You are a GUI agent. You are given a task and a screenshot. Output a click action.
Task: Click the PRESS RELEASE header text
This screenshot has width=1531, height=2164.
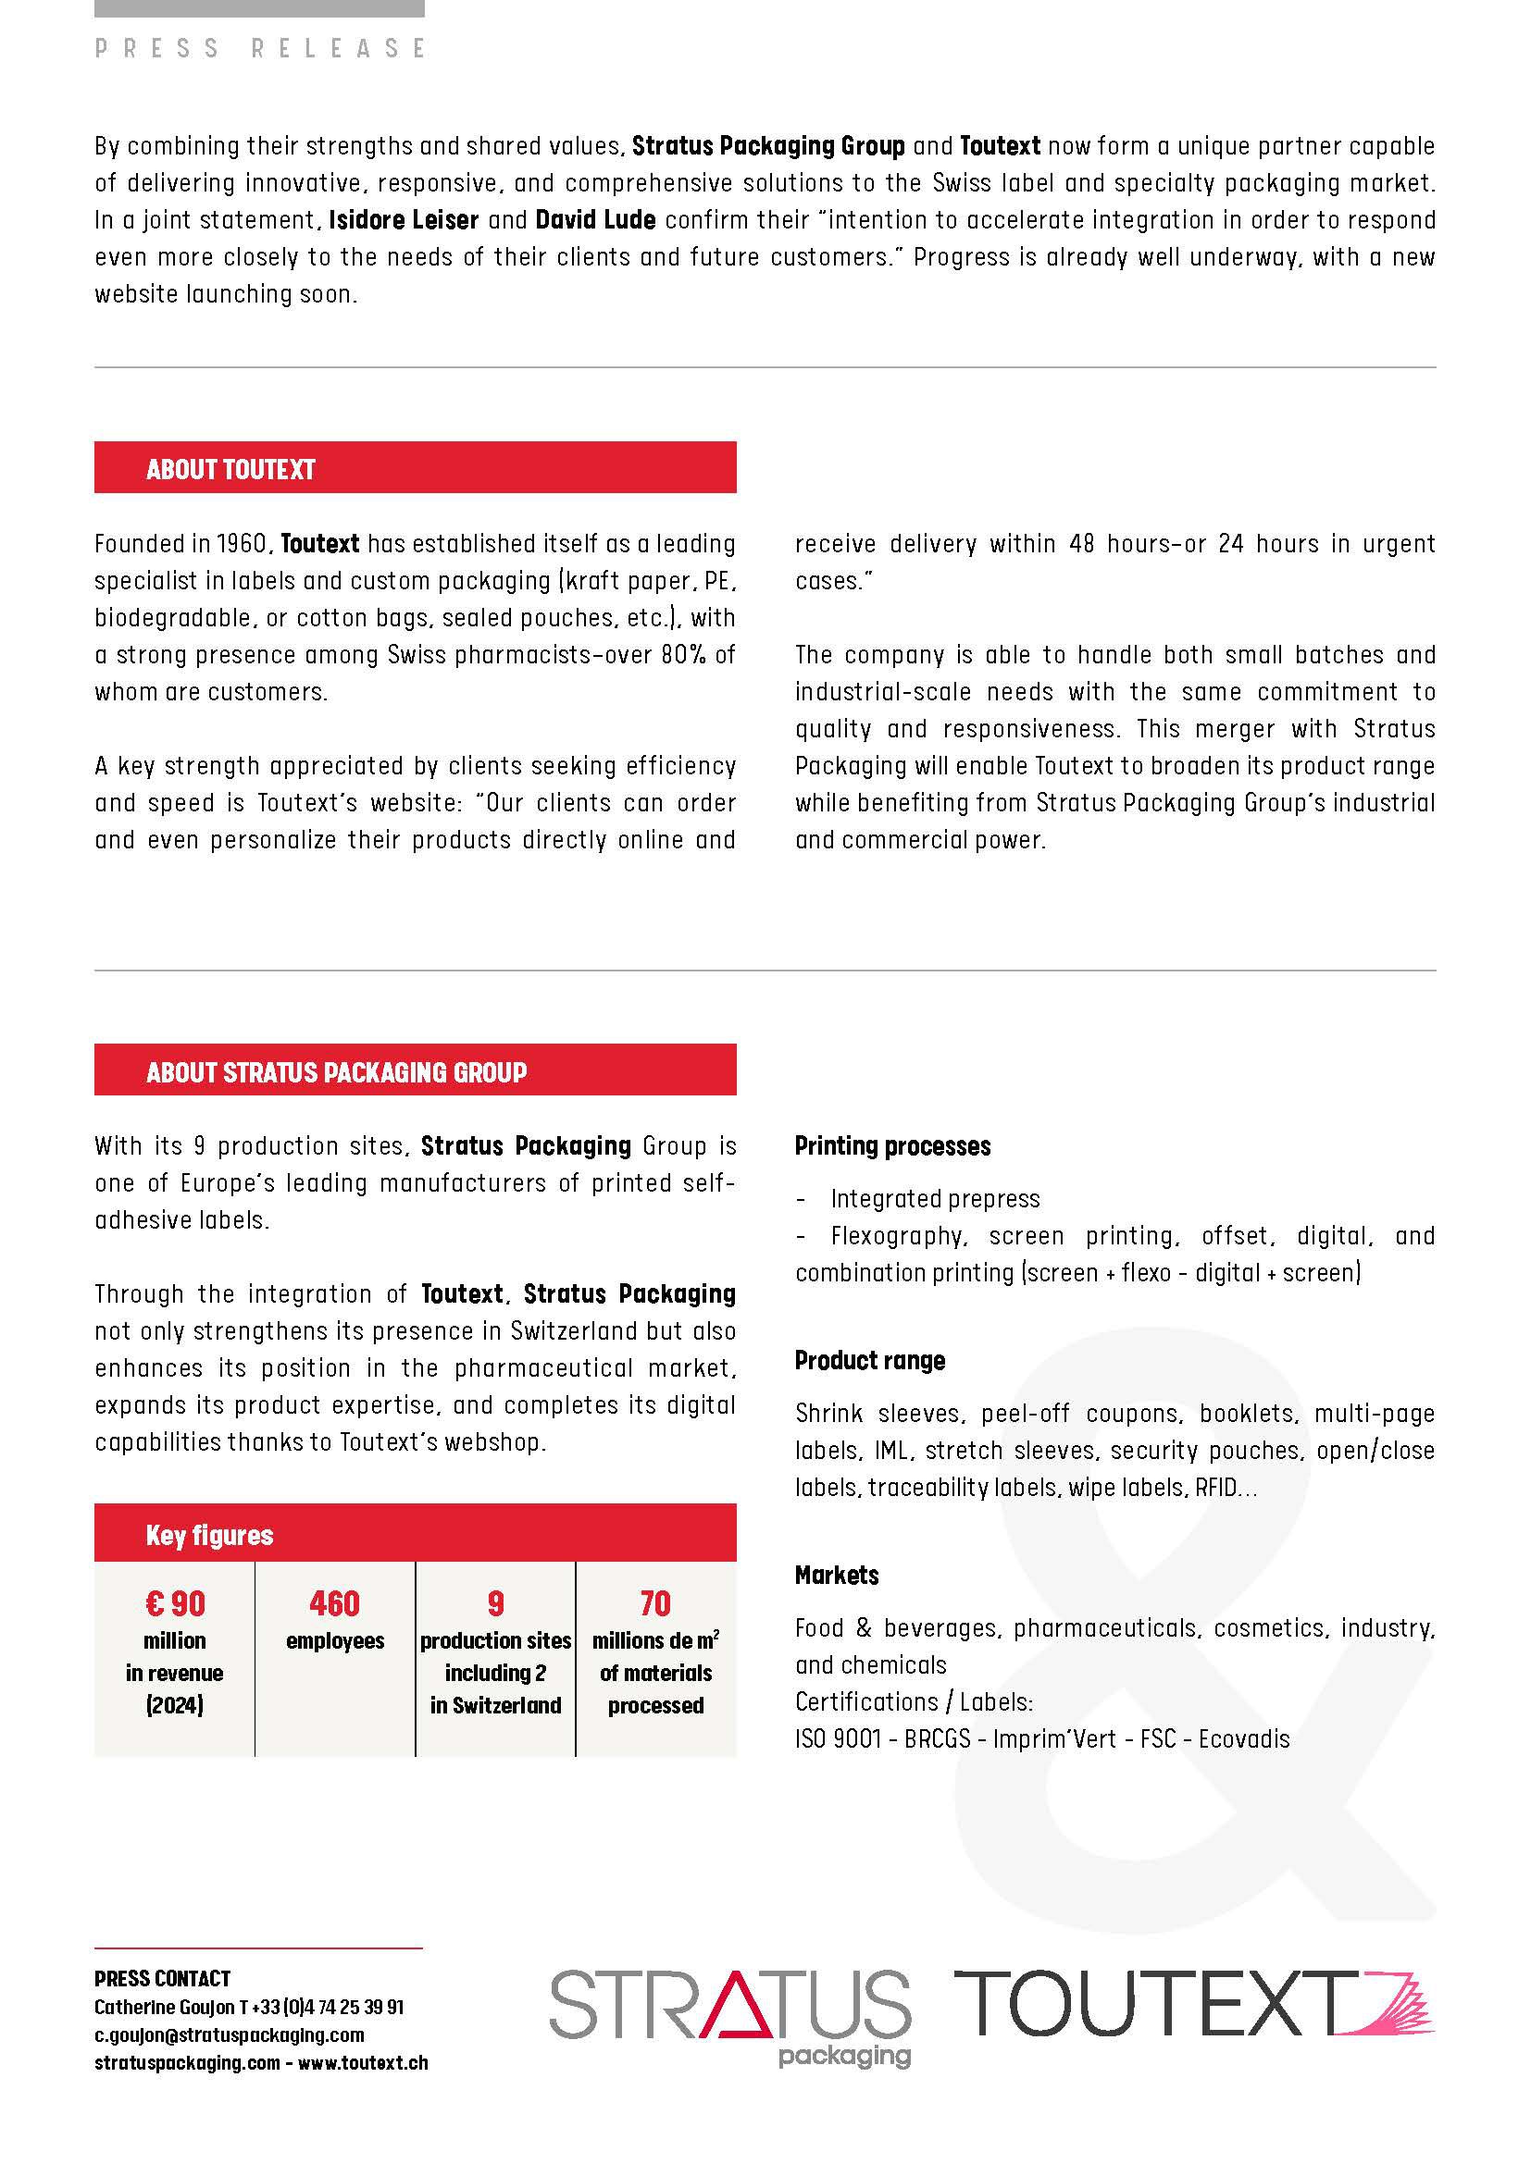pyautogui.click(x=260, y=48)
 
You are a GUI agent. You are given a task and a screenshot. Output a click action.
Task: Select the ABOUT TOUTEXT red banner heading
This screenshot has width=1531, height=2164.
pyautogui.click(x=230, y=469)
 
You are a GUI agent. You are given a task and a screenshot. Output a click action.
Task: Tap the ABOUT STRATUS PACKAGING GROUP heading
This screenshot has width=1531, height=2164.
pyautogui.click(x=336, y=1072)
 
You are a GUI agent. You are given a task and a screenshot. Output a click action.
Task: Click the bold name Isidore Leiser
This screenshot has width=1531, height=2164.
pyautogui.click(x=404, y=220)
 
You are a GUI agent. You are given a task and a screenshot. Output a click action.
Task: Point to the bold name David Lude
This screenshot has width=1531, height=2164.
pyautogui.click(x=595, y=220)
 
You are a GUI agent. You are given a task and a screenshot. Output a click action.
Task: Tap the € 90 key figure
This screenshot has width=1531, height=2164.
pyautogui.click(x=175, y=1604)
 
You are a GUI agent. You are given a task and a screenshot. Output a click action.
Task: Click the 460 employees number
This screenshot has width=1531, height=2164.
pyautogui.click(x=335, y=1604)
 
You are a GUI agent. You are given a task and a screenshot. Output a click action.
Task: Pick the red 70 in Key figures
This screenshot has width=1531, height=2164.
pyautogui.click(x=655, y=1604)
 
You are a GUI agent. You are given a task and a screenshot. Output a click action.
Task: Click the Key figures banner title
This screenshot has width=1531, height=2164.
pyautogui.click(x=209, y=1537)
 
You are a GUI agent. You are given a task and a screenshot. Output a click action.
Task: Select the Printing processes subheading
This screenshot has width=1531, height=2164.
pyautogui.click(x=891, y=1146)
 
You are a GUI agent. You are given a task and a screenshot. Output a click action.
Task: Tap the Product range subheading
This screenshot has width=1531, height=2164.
pyautogui.click(x=869, y=1361)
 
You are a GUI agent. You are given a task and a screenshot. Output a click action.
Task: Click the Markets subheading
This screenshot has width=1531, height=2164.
pyautogui.click(x=836, y=1576)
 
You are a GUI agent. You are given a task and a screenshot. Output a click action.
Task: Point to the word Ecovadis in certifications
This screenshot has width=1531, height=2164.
pyautogui.click(x=1243, y=1739)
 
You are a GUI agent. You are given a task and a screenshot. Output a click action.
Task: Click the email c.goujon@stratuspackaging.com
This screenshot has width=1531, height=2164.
pyautogui.click(x=229, y=2034)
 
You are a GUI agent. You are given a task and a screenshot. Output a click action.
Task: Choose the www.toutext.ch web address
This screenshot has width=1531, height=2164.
pyautogui.click(x=363, y=2063)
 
